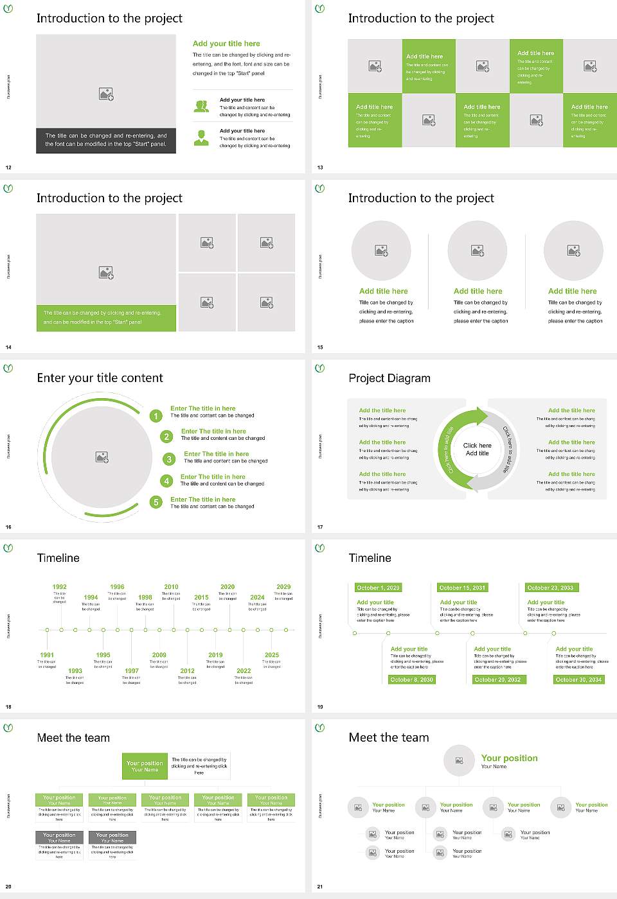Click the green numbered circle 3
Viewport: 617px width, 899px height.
[169, 459]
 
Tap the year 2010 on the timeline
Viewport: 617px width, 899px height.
[171, 587]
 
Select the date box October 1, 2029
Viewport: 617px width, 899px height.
[378, 588]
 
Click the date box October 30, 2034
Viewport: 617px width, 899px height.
[578, 679]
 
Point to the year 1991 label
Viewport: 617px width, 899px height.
[47, 656]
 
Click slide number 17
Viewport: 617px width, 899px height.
[320, 527]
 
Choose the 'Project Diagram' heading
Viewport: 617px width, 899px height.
[389, 378]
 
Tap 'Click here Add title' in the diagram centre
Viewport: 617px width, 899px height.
[477, 449]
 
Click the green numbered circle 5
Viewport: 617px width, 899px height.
[156, 502]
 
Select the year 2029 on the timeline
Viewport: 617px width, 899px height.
[283, 587]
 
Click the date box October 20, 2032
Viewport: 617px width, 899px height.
[497, 679]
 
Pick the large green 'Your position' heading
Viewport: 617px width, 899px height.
[509, 758]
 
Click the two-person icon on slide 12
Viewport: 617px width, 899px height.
[201, 107]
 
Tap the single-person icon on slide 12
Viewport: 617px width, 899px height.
[201, 137]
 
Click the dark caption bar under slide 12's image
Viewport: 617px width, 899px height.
[106, 140]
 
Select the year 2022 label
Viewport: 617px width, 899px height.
[244, 671]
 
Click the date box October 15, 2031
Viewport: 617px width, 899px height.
[462, 588]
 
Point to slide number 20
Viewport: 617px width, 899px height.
[8, 887]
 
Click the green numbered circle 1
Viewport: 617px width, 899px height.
[156, 416]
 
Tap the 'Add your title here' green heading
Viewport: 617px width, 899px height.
[226, 44]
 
